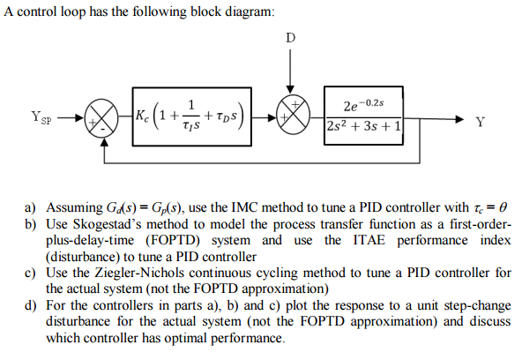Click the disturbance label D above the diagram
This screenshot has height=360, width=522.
292,37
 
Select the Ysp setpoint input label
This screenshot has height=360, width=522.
40,116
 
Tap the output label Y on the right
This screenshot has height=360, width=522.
479,122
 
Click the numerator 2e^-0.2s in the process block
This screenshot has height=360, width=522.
363,103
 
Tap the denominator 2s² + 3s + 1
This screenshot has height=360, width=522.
363,127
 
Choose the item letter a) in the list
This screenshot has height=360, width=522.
30,207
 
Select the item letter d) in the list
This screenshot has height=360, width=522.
30,305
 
